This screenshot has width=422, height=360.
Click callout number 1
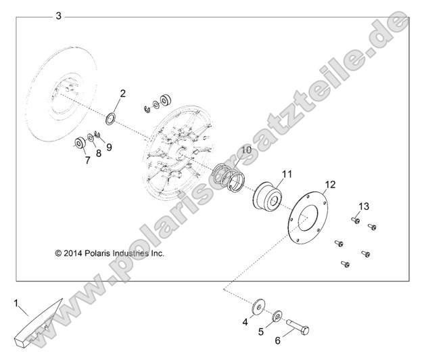(x=16, y=304)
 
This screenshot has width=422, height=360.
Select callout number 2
(x=123, y=93)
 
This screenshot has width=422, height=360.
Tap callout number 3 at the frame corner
(x=58, y=16)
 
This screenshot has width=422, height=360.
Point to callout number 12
(x=329, y=183)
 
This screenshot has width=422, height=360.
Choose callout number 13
(x=364, y=206)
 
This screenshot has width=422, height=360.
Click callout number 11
(x=287, y=175)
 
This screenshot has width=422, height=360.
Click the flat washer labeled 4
(x=258, y=308)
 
